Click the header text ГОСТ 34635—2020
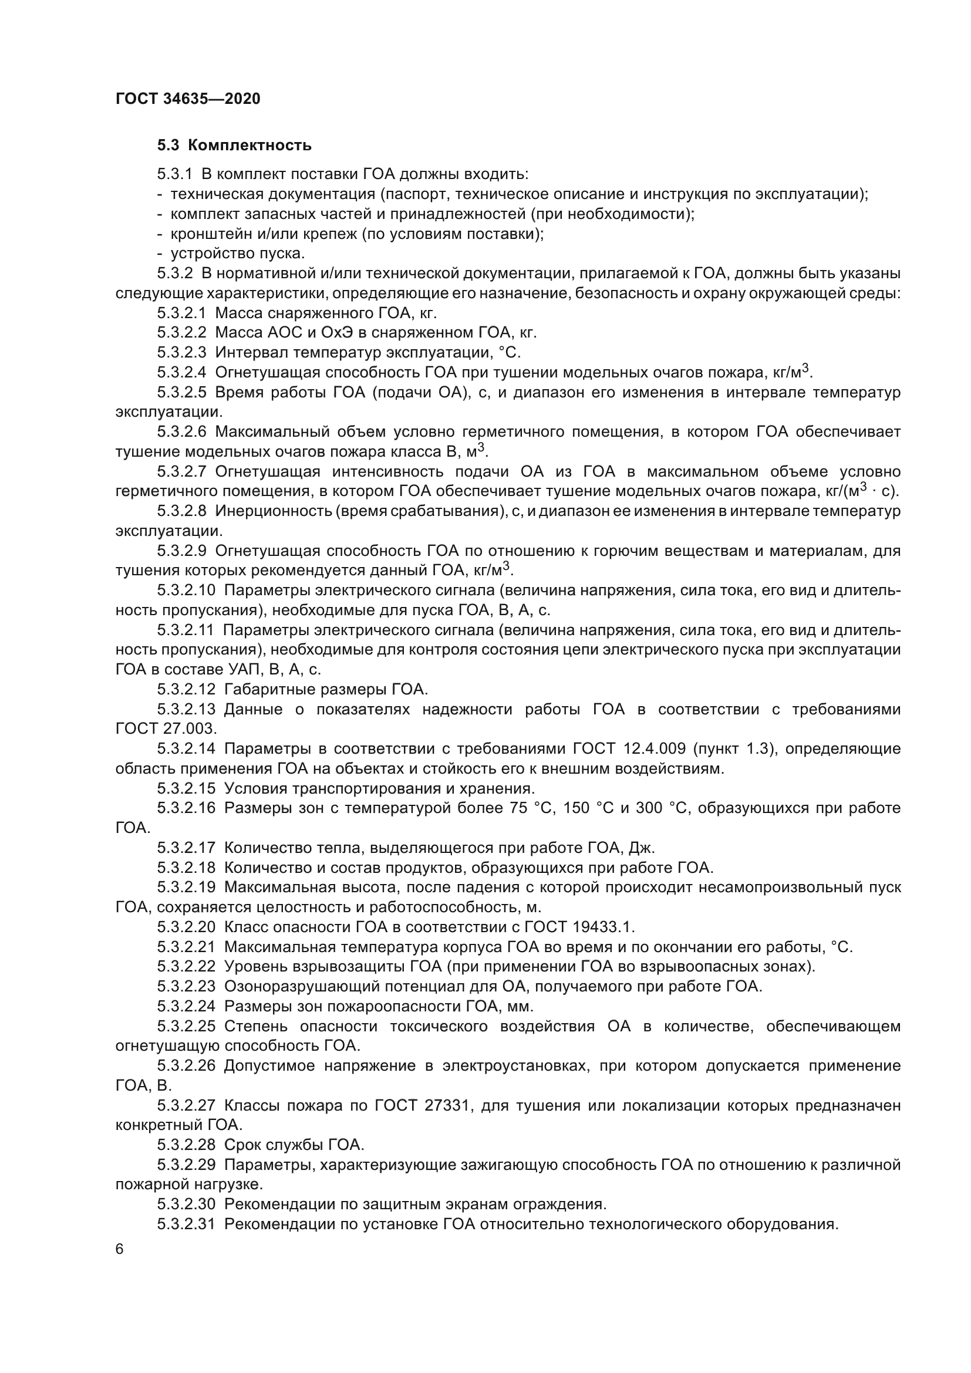(x=188, y=99)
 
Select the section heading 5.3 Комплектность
(x=234, y=146)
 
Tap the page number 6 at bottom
(x=120, y=1249)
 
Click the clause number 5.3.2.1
(x=182, y=313)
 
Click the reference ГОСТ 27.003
(x=166, y=729)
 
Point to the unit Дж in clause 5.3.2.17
(x=644, y=848)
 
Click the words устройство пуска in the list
(x=237, y=254)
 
